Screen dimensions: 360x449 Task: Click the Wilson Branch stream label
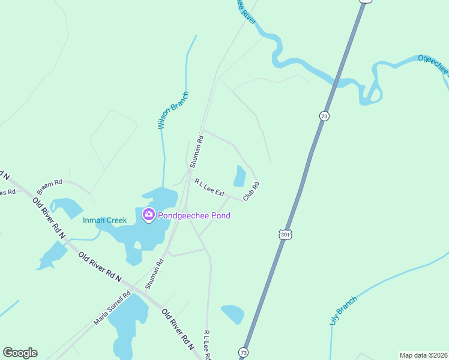(x=173, y=110)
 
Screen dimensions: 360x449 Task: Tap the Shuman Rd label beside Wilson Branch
(x=197, y=151)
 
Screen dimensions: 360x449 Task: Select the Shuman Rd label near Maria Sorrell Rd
(x=154, y=275)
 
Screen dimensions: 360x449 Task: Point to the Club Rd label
(x=251, y=191)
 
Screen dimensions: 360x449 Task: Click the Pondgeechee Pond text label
(x=195, y=215)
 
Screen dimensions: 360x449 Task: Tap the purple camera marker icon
(x=148, y=214)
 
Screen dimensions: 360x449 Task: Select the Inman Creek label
(x=105, y=220)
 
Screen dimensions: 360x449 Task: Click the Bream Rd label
(x=50, y=183)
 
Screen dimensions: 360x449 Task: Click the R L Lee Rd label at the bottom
(x=207, y=345)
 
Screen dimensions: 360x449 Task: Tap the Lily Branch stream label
(x=343, y=311)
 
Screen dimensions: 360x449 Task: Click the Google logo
(x=20, y=353)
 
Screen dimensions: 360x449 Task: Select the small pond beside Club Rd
(x=240, y=176)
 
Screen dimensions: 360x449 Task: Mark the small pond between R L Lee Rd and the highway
(x=233, y=314)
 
